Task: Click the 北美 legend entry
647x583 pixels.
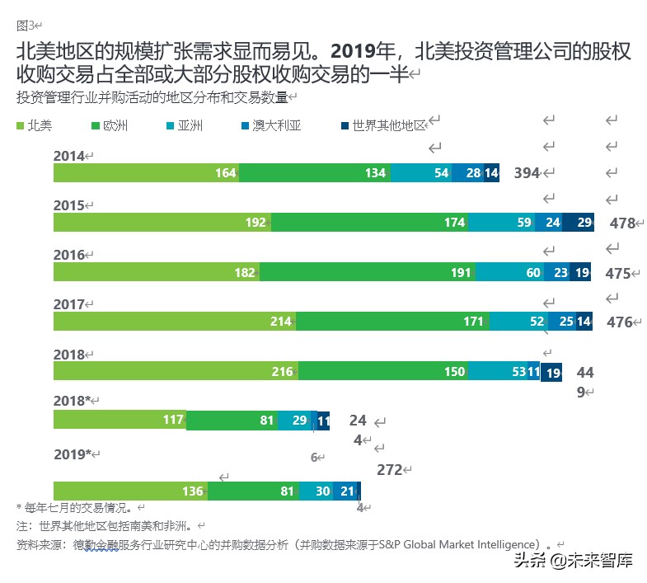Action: coord(35,126)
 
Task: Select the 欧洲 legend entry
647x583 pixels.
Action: coord(108,126)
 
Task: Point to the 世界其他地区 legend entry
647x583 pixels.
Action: coord(382,126)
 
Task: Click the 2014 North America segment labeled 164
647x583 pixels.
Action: coord(146,172)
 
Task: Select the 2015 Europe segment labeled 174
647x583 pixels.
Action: coord(369,223)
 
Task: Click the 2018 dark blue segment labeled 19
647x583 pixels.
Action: coord(551,372)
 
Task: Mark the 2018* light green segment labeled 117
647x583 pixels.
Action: coord(120,420)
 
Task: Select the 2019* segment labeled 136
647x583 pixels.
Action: coord(130,491)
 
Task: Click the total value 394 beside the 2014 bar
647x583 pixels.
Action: coord(527,172)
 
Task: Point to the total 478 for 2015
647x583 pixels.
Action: coord(622,223)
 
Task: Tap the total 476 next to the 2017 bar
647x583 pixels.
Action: coord(620,322)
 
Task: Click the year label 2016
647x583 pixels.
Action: coord(69,255)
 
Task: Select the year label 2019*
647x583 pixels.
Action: coord(73,454)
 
